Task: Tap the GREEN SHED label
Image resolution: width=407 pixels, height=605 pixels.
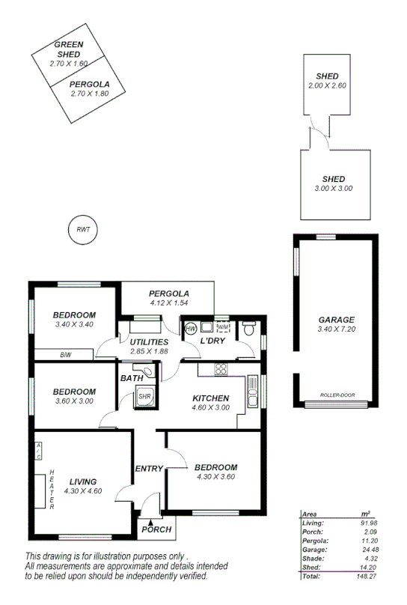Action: tap(69, 49)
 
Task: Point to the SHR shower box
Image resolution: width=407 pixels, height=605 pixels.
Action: tap(144, 397)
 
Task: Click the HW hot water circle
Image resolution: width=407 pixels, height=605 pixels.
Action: tap(190, 329)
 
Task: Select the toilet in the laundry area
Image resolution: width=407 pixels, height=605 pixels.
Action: tap(250, 329)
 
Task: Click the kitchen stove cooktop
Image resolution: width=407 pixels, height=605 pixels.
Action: tap(221, 368)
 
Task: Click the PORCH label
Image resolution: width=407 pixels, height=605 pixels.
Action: tap(156, 529)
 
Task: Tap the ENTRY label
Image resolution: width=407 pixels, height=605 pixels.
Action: tap(149, 469)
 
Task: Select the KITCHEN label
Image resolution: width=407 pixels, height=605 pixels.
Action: tap(210, 398)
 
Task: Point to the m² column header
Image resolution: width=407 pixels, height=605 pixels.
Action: tap(365, 514)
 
